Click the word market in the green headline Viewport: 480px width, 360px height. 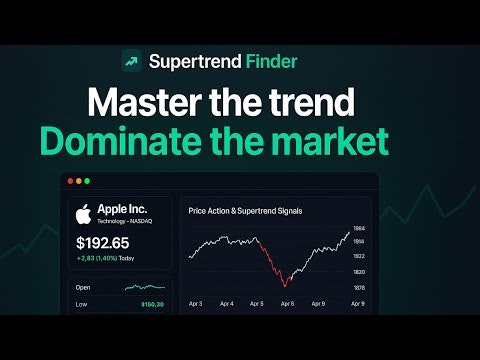338,141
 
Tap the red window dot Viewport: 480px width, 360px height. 67,181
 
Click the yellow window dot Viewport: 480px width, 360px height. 77,181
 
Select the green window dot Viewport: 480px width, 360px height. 87,181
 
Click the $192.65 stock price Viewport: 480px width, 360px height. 104,243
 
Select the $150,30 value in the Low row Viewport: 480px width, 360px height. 152,304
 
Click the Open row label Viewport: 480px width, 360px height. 84,287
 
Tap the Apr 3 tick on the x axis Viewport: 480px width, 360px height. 196,302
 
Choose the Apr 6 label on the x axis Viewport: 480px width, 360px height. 288,302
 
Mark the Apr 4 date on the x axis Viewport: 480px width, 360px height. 227,302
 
